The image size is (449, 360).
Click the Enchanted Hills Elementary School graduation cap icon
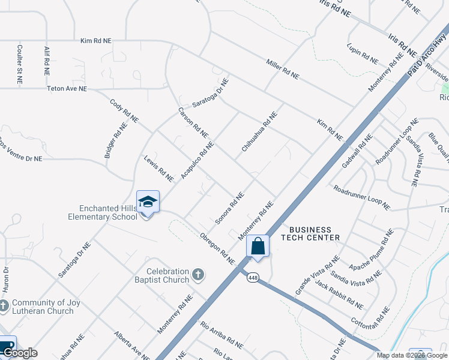[148, 202]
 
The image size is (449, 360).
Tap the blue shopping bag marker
[258, 246]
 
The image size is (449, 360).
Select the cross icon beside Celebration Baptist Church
[199, 275]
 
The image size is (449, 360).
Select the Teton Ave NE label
[67, 88]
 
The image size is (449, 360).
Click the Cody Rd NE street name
[121, 110]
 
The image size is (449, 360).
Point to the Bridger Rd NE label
[116, 140]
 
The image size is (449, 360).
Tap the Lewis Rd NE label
[158, 169]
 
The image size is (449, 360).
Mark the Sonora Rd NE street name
[230, 208]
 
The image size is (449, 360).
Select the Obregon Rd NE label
[217, 248]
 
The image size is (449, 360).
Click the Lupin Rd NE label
[363, 53]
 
